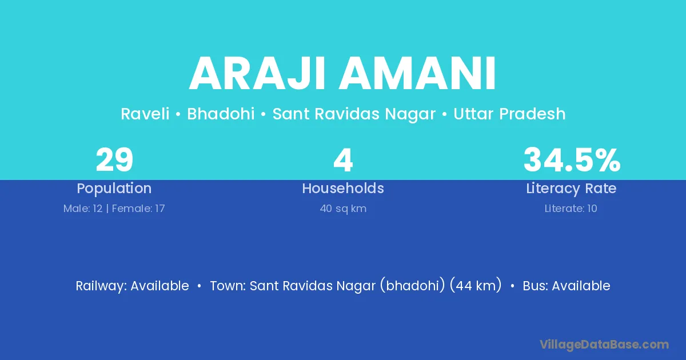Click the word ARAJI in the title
pos(256,73)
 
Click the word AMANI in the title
pos(417,73)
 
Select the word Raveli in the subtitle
pos(145,114)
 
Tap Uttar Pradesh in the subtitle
pos(509,114)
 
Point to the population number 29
pos(114,160)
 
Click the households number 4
pos(343,160)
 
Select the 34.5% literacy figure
pos(572,160)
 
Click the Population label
pos(114,189)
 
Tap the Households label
pos(343,188)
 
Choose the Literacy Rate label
pos(571,189)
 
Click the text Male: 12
pos(83,209)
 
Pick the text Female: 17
pos(138,209)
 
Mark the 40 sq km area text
pos(343,209)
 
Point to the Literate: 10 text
pos(571,209)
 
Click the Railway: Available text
pos(132,286)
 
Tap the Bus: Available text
pos(567,286)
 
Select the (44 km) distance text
pos(476,285)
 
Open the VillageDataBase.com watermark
pos(604,345)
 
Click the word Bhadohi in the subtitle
pos(221,114)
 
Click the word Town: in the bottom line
pos(228,286)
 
